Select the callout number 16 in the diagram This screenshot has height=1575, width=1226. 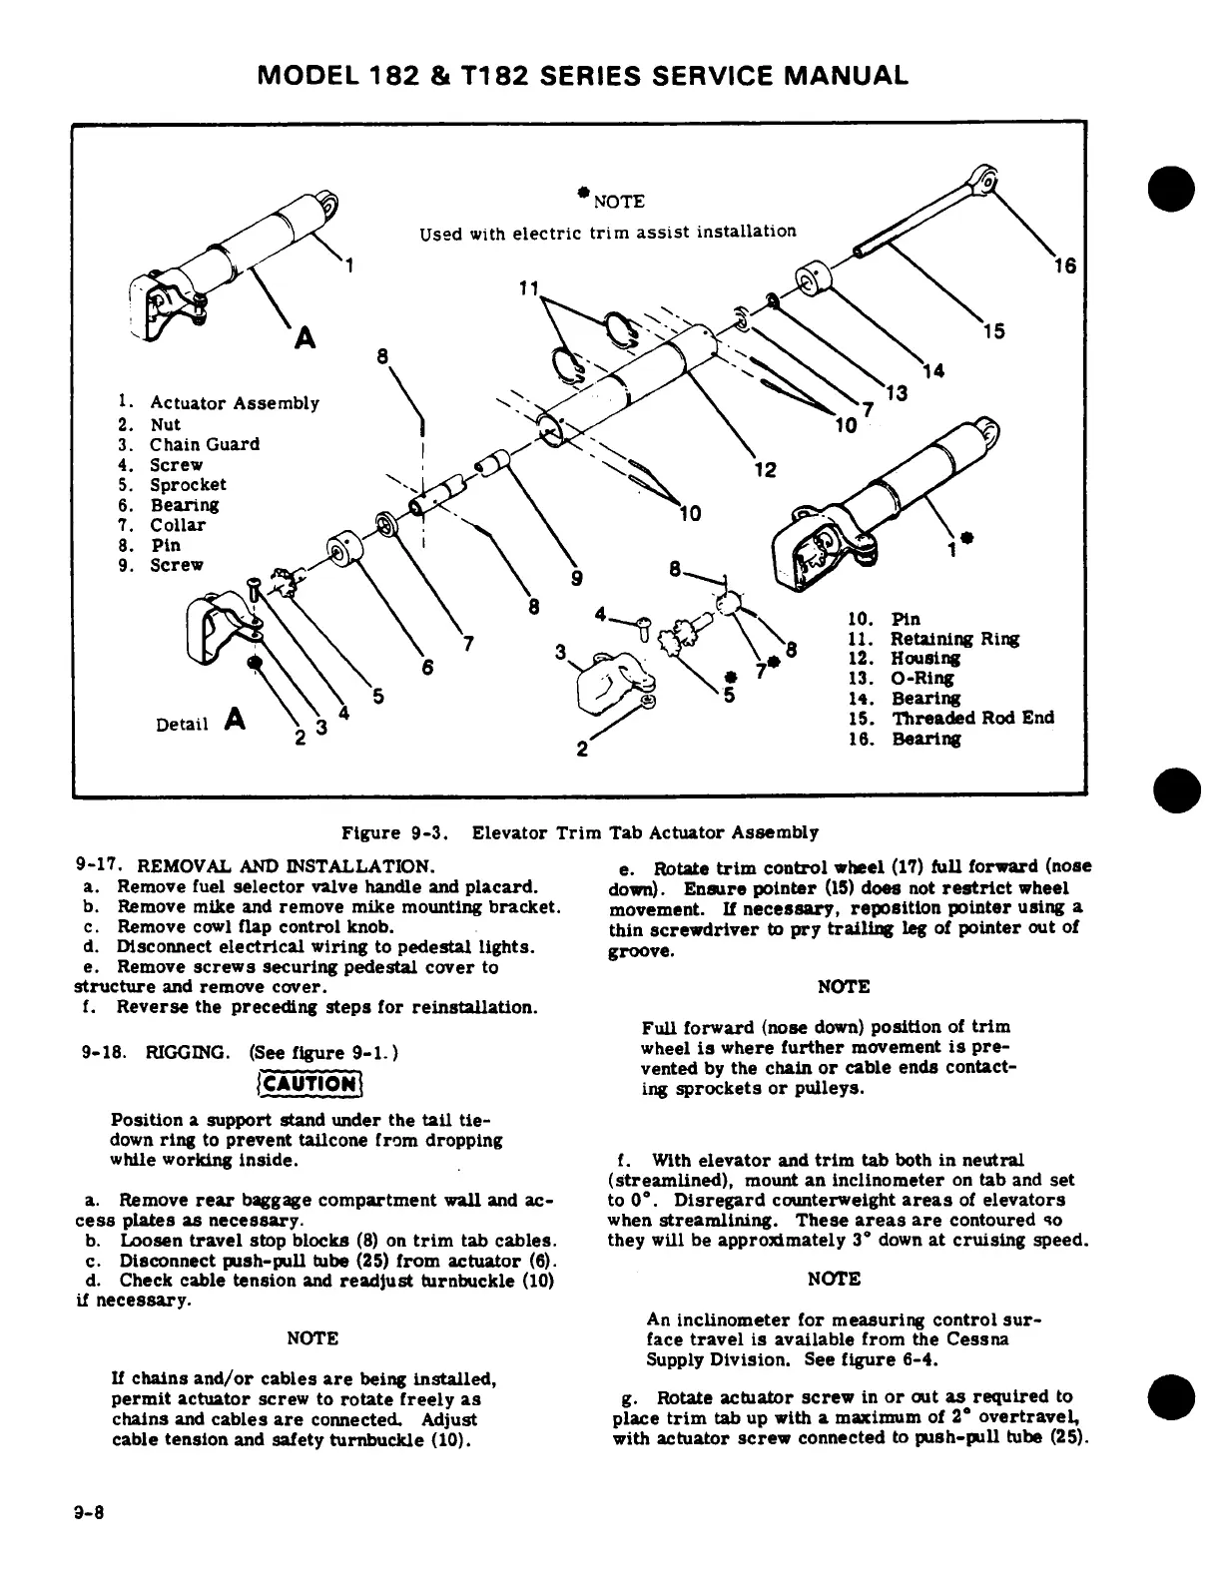[x=1065, y=265]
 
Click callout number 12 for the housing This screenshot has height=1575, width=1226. [x=765, y=469]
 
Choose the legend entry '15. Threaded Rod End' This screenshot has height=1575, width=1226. [x=948, y=719]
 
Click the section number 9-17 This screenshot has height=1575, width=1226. [x=97, y=864]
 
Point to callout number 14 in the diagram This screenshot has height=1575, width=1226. [x=933, y=371]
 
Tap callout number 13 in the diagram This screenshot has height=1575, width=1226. [x=897, y=392]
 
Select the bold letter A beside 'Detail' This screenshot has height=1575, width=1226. [x=236, y=719]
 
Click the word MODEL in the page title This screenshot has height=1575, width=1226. [x=306, y=76]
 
